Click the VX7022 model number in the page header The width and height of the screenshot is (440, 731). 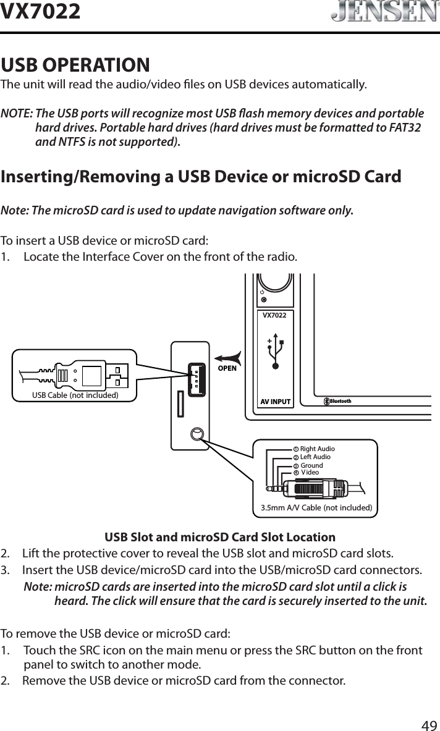pyautogui.click(x=41, y=11)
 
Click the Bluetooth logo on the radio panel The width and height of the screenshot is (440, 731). pyautogui.click(x=338, y=401)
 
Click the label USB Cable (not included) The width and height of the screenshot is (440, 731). pyautogui.click(x=75, y=395)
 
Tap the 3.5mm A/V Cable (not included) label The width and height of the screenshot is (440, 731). pyautogui.click(x=316, y=508)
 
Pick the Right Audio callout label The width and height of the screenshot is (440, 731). pyautogui.click(x=317, y=448)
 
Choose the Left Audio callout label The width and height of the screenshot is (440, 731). pyautogui.click(x=315, y=457)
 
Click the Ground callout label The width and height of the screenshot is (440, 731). pyautogui.click(x=311, y=465)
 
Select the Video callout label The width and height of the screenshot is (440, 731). pyautogui.click(x=310, y=473)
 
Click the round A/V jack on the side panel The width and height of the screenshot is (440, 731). pyautogui.click(x=197, y=434)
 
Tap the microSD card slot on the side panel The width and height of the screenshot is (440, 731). pyautogui.click(x=179, y=402)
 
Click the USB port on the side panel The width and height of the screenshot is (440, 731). pyautogui.click(x=196, y=378)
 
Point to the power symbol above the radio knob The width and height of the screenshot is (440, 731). pyautogui.click(x=263, y=291)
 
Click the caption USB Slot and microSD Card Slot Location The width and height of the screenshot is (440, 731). pyautogui.click(x=220, y=537)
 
